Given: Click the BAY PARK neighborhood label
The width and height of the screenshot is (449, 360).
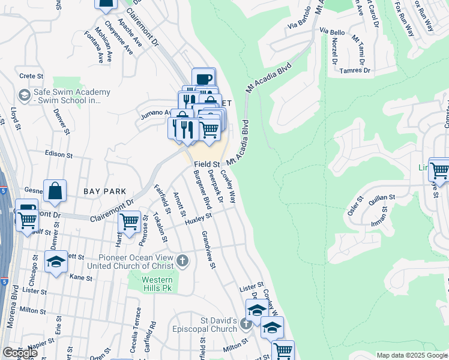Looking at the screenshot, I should click(104, 191).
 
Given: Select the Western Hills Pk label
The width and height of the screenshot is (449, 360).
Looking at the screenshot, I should click(157, 284).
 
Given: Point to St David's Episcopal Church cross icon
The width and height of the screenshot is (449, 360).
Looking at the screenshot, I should click(246, 325).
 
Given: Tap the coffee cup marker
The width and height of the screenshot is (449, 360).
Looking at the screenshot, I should click(203, 79).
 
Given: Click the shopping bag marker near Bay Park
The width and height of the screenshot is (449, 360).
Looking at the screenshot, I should click(55, 190).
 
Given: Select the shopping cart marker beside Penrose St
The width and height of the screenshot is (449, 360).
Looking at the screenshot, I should click(130, 221).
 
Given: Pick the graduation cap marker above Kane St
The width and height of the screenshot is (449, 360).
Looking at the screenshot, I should click(56, 262).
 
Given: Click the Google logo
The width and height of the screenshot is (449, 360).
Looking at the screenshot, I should click(20, 353).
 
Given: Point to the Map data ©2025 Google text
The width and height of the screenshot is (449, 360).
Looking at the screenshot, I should click(412, 355).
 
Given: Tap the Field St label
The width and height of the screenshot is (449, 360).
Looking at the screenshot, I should click(207, 163).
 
